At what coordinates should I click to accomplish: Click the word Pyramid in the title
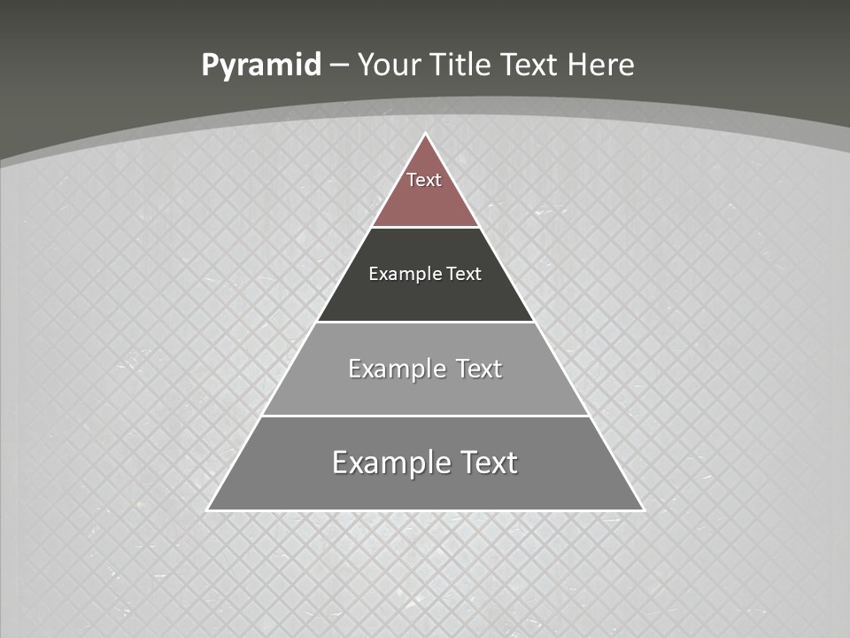[x=261, y=66]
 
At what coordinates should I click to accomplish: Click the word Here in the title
[x=601, y=66]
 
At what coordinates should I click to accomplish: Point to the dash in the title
[x=339, y=66]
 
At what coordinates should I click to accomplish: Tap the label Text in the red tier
[x=424, y=180]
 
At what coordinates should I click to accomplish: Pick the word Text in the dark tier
[x=464, y=274]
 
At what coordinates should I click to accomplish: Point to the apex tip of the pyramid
[x=425, y=135]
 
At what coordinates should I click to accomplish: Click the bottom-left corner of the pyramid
[x=209, y=510]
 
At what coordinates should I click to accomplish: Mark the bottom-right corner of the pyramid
[x=642, y=510]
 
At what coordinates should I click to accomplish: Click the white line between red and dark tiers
[x=425, y=227]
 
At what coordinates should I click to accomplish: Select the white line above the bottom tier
[x=425, y=416]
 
